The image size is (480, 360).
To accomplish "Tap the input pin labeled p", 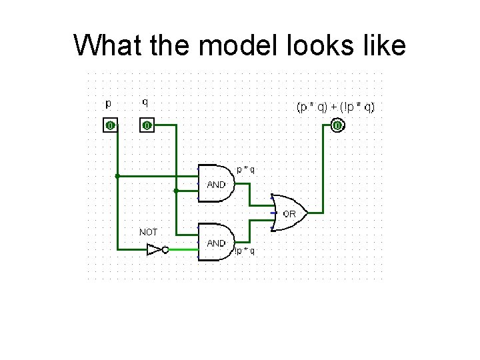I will point(110,125).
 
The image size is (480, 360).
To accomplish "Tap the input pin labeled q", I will point(146,125).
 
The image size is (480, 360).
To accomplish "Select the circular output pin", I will point(338,125).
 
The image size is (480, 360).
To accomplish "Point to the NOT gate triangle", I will point(154,250).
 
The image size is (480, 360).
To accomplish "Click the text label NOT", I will point(148,232).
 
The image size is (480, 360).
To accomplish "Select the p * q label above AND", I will point(244,169).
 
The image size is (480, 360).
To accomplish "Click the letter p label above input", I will point(109,103).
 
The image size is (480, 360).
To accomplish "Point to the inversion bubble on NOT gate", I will point(166,250).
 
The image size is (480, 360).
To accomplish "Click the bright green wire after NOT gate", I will point(183,250).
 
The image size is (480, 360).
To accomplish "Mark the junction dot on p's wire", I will point(117,177).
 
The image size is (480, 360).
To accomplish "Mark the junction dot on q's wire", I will point(175,191).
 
